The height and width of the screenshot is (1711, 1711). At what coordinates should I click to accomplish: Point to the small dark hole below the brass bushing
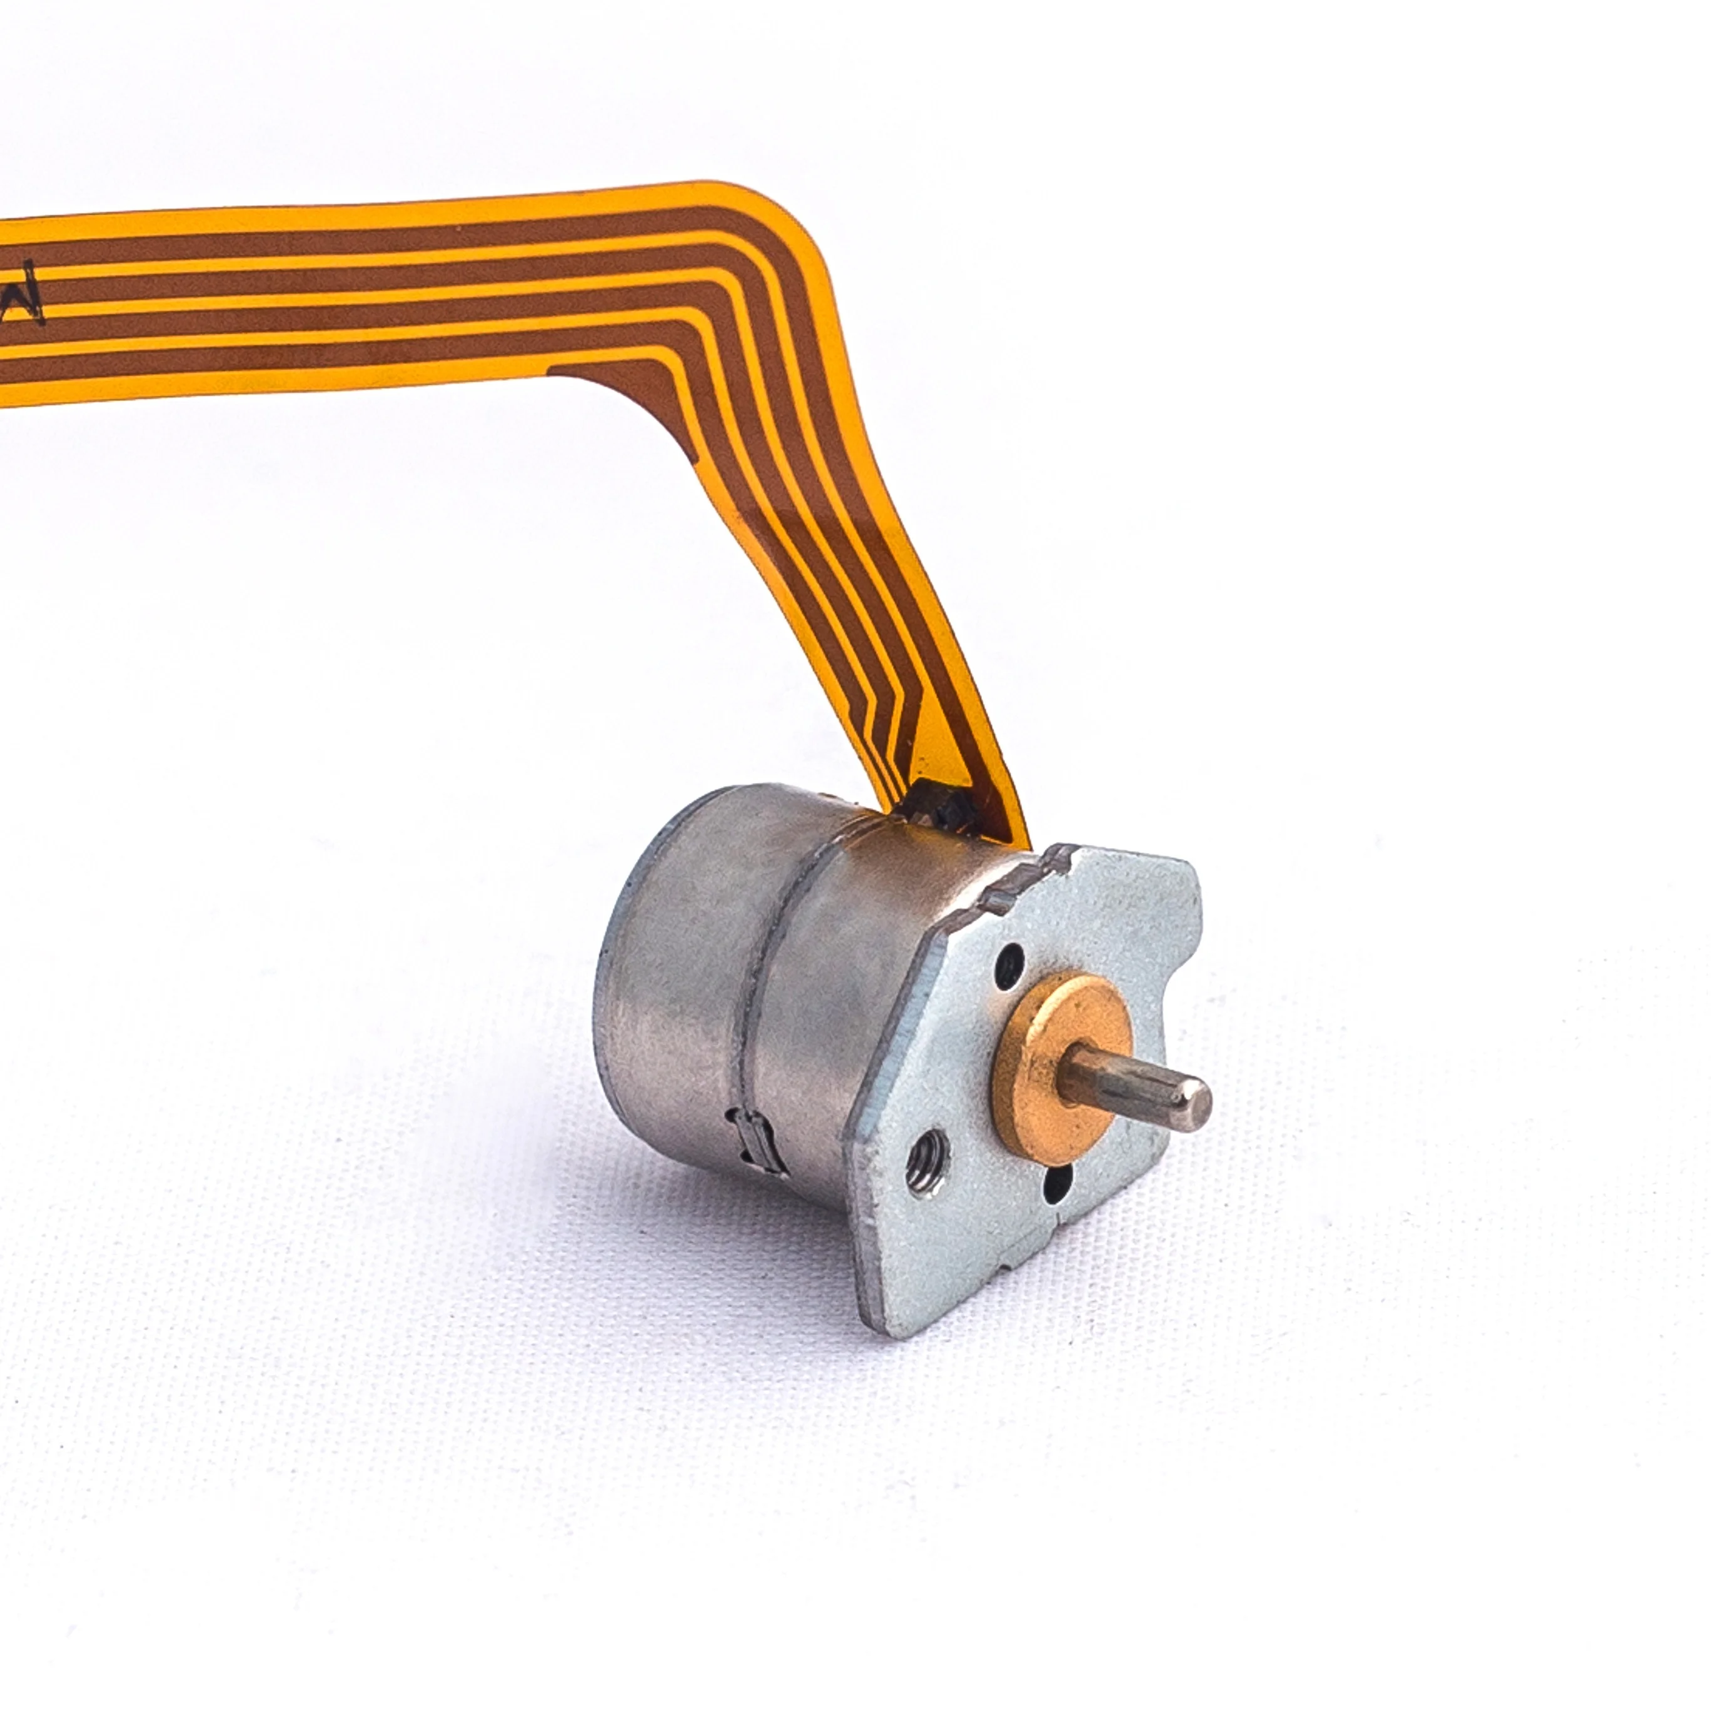[x=1060, y=1181]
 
